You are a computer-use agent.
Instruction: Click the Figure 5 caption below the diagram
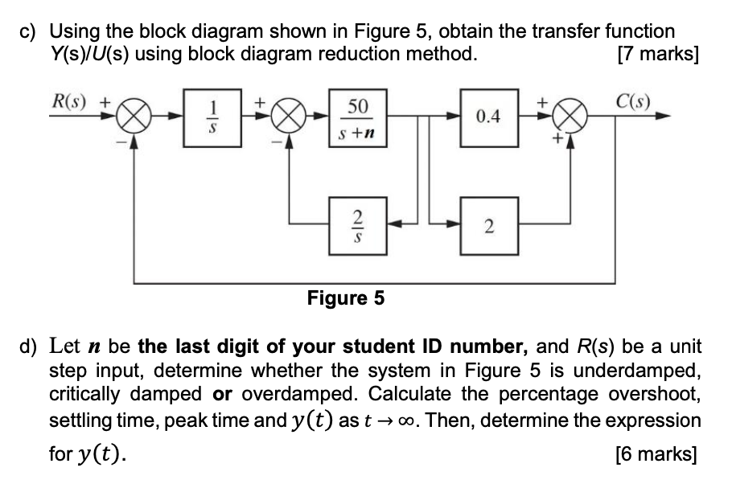click(x=346, y=299)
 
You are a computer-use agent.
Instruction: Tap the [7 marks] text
click(x=656, y=55)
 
